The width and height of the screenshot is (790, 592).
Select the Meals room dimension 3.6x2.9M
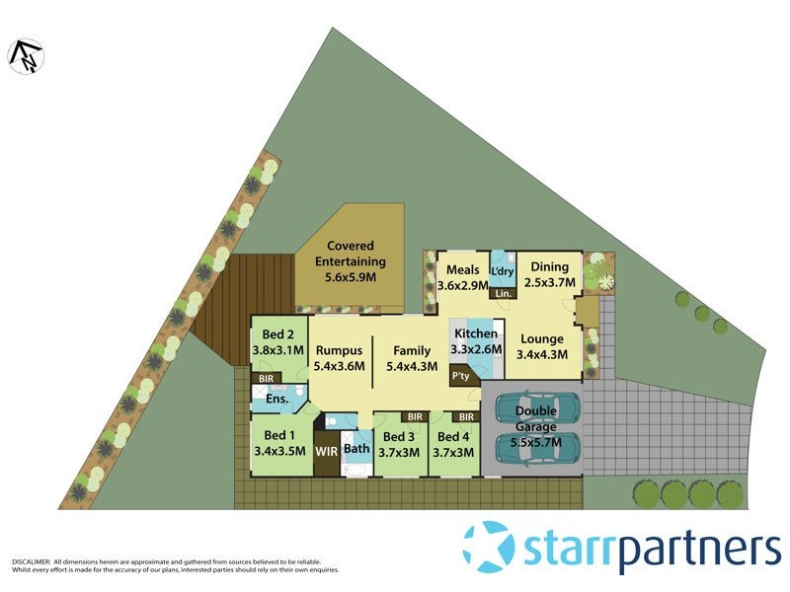tap(462, 285)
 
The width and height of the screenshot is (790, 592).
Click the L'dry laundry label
tap(503, 271)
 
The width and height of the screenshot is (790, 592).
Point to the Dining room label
tap(549, 266)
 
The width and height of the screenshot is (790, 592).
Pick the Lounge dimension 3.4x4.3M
tap(543, 355)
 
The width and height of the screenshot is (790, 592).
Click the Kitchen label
tap(476, 333)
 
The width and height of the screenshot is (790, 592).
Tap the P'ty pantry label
tap(460, 376)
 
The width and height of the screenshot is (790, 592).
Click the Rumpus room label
tap(340, 349)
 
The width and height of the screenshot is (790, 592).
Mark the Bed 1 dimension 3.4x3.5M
tap(279, 452)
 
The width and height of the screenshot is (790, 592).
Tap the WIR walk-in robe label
tap(326, 452)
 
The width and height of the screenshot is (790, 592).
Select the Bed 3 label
tap(398, 437)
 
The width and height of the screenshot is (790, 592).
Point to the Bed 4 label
tap(453, 437)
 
